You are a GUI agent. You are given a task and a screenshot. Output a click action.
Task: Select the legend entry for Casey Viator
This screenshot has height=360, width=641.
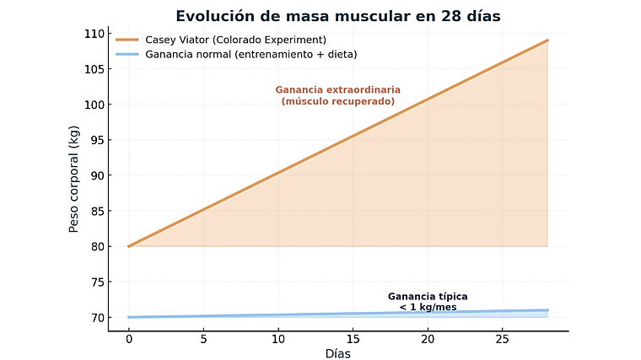pos(235,40)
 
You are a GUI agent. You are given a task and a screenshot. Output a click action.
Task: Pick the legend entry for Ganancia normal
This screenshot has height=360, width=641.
pos(250,54)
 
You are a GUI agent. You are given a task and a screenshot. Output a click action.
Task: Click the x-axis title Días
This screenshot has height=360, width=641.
pos(337,353)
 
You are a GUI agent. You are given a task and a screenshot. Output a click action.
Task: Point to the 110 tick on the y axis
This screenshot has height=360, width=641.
pos(94,34)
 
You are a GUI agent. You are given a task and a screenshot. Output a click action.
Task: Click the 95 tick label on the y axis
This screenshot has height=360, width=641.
pos(96,140)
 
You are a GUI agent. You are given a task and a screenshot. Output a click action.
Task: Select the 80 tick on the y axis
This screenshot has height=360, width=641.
pos(96,246)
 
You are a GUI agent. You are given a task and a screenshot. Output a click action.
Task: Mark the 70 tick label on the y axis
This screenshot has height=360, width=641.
pos(96,317)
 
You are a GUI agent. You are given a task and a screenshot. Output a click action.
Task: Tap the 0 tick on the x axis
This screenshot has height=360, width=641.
pos(128,339)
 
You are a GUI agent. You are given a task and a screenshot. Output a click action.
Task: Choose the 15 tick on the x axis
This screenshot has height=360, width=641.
pos(353,339)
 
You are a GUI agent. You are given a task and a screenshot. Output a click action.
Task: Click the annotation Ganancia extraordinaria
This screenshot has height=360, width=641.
pos(337,89)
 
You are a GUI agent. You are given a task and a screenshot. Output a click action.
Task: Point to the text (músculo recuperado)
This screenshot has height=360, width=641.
pos(337,101)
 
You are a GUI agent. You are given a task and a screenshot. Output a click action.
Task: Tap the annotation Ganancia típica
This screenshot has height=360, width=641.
pos(428,297)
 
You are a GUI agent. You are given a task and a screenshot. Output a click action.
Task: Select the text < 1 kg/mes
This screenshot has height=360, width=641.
pos(428,307)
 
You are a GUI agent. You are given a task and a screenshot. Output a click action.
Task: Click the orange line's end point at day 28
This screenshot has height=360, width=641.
pos(547,40)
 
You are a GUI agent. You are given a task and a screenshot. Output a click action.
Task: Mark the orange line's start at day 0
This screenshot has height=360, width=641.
pos(128,246)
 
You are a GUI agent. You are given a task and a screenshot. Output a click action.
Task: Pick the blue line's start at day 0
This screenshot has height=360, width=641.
pos(128,317)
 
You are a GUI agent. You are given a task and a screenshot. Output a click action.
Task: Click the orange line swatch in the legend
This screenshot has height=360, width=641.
pos(127,40)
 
